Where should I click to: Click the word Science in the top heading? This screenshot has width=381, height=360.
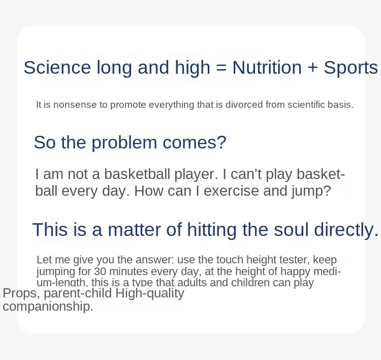click(x=57, y=68)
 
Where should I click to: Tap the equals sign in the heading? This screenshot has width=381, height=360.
click(x=221, y=68)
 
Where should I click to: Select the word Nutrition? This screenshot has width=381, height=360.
click(x=267, y=68)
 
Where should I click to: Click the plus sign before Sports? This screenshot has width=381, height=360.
click(x=313, y=68)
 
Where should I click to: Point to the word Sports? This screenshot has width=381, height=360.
click(x=351, y=68)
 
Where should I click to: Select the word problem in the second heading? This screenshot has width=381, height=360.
click(x=124, y=142)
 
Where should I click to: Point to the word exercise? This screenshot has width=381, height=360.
click(x=231, y=191)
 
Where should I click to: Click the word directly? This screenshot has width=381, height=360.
click(x=346, y=230)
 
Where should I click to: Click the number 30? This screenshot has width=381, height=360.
click(x=100, y=272)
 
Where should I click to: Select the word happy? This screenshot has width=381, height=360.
click(x=295, y=272)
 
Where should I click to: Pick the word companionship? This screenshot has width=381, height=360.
click(x=48, y=307)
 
